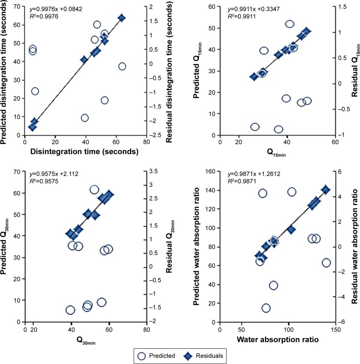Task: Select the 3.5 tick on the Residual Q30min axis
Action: tap(153, 172)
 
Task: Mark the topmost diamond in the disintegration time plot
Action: tap(122, 18)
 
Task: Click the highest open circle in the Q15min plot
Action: tap(290, 24)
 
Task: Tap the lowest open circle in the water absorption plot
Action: tap(266, 308)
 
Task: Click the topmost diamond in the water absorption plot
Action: tap(325, 190)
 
